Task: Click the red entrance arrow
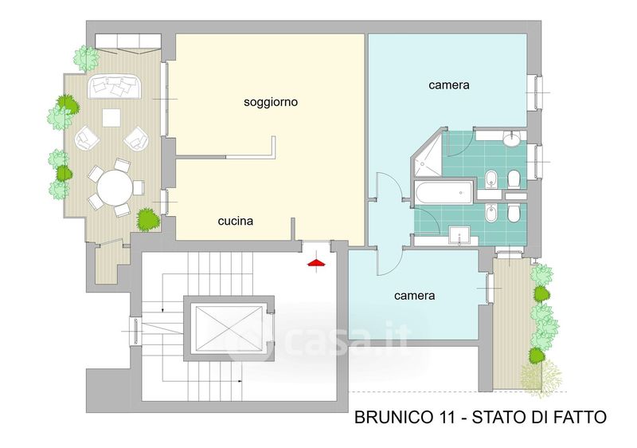click(x=317, y=263)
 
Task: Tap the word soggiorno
click(x=271, y=101)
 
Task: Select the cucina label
click(x=236, y=221)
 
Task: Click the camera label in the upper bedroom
click(x=449, y=85)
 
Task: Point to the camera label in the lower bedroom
click(x=414, y=296)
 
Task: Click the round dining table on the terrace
click(x=115, y=188)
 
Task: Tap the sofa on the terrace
click(x=115, y=86)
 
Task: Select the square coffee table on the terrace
click(x=111, y=118)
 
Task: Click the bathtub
click(x=444, y=193)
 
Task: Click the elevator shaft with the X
click(x=229, y=328)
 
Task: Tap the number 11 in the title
click(x=445, y=418)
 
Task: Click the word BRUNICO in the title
click(x=393, y=418)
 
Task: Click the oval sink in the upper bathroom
click(x=510, y=139)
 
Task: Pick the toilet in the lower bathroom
click(x=514, y=212)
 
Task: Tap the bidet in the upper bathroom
click(x=491, y=179)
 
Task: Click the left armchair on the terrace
click(x=87, y=138)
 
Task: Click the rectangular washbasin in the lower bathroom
click(x=459, y=235)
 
